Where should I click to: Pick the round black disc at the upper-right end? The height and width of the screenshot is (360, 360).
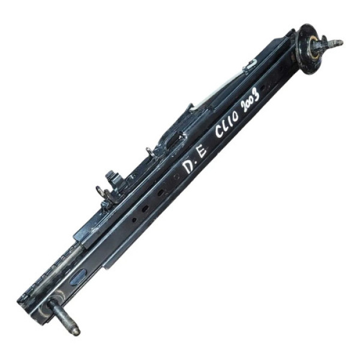pyautogui.click(x=307, y=49)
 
